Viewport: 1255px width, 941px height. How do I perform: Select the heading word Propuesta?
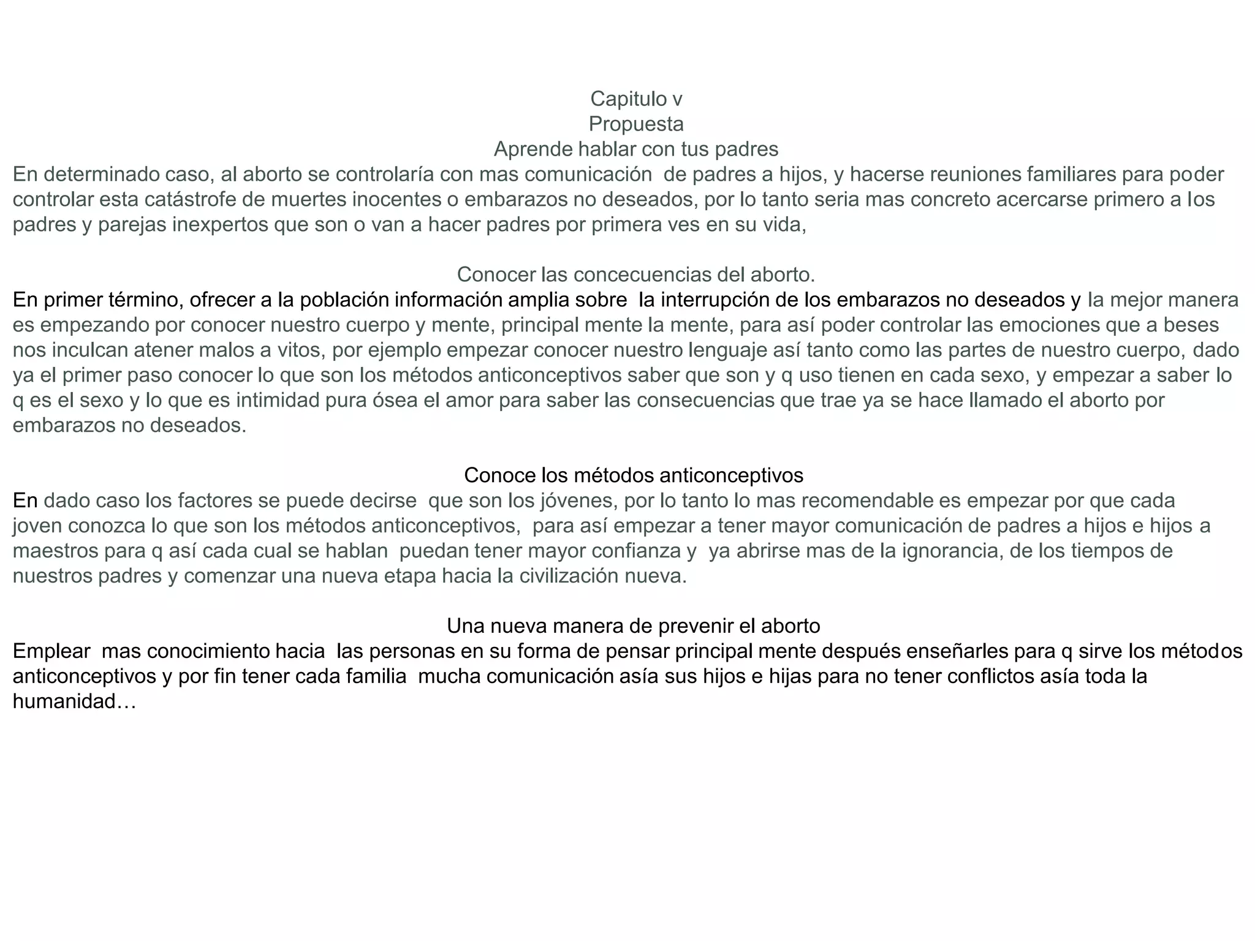tap(635, 124)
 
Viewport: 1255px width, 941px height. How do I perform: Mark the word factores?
tap(214, 501)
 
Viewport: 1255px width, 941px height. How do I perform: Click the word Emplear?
tap(51, 651)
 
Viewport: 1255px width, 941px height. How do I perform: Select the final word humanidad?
tap(74, 701)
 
